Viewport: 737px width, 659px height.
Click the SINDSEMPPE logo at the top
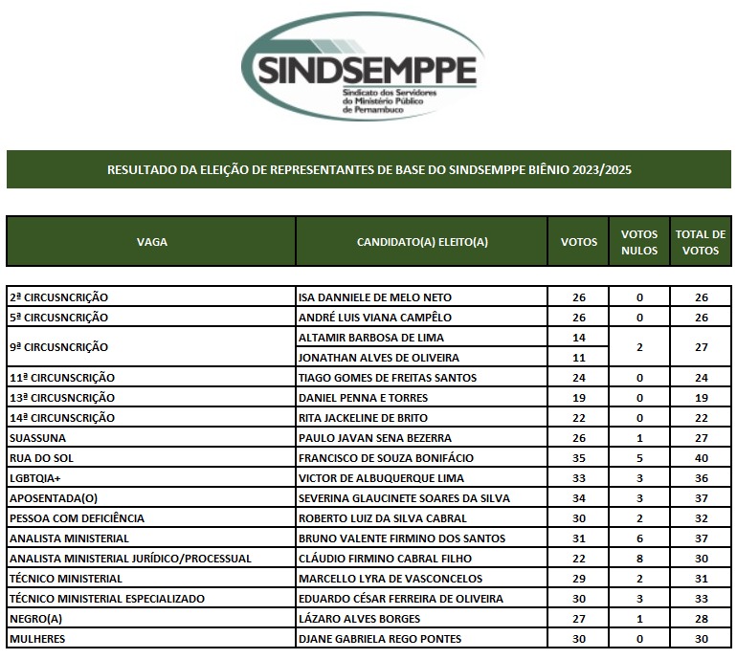coord(367,67)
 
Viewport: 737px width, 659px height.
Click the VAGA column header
coord(152,242)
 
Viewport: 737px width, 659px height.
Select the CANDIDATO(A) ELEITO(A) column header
coord(422,242)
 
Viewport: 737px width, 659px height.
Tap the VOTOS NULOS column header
coord(639,242)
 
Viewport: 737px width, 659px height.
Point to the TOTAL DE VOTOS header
coord(701,242)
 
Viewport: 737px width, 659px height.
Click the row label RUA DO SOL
coord(40,458)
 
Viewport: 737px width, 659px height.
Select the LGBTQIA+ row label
coord(36,478)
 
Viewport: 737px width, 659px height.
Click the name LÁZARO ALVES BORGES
coord(353,619)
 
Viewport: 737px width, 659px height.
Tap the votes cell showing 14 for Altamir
coord(578,338)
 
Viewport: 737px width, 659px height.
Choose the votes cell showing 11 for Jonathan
coord(578,358)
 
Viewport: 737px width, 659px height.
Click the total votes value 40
coord(702,458)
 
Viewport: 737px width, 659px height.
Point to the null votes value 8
coord(639,559)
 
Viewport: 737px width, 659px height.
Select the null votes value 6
coord(639,538)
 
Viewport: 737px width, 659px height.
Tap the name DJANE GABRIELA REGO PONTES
coord(380,639)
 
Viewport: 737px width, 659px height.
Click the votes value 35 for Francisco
coord(578,458)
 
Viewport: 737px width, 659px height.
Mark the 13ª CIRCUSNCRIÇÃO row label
coord(62,398)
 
